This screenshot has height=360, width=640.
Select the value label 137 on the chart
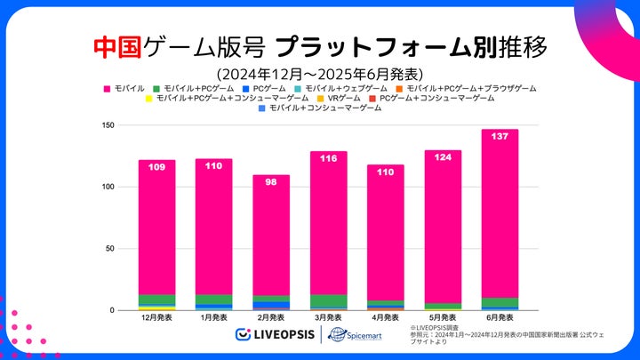(500, 136)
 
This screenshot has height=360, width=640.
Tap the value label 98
(271, 182)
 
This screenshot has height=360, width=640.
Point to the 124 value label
(443, 157)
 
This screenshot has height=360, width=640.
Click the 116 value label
(328, 158)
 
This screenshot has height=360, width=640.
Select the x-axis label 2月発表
(271, 317)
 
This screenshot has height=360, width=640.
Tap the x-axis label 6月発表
(500, 317)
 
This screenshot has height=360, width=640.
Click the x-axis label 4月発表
(385, 317)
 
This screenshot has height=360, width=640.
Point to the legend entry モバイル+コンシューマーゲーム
(324, 108)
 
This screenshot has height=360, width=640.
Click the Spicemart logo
(353, 334)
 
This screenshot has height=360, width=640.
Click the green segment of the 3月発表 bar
(328, 300)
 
